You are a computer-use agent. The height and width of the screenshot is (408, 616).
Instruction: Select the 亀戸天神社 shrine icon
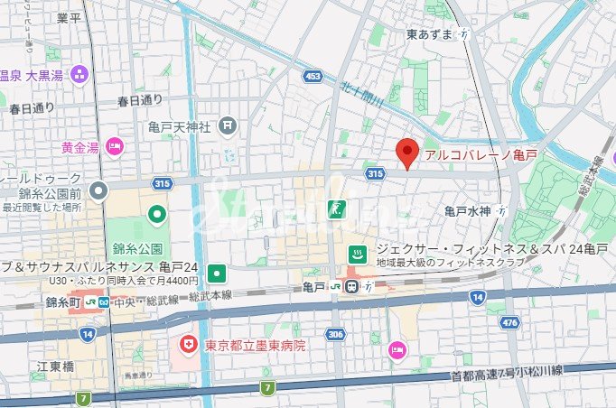(228, 125)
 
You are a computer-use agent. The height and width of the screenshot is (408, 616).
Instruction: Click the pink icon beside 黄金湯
(115, 146)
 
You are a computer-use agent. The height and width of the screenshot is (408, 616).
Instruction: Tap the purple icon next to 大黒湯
(79, 74)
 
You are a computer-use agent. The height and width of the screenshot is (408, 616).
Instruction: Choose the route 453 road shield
(313, 76)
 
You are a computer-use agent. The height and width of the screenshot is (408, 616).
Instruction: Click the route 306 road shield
(336, 334)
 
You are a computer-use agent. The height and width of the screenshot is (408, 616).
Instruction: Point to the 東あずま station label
(430, 34)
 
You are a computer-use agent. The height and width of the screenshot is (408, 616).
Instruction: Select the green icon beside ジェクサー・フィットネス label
(357, 254)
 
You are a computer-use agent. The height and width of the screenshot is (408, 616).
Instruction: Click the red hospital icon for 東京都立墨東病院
(189, 345)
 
